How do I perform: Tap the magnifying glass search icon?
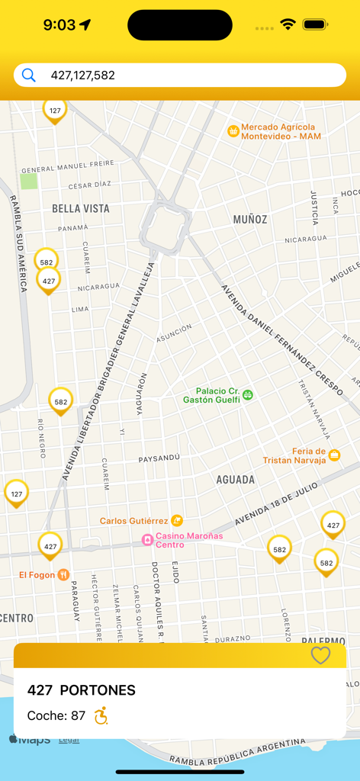pyautogui.click(x=28, y=75)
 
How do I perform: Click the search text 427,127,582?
pyautogui.click(x=82, y=75)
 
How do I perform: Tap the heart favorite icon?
pyautogui.click(x=321, y=655)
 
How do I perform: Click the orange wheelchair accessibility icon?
pyautogui.click(x=101, y=715)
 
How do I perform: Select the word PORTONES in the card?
pyautogui.click(x=98, y=690)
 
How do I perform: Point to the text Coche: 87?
pyautogui.click(x=56, y=715)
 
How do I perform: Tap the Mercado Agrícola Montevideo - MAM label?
pyautogui.click(x=280, y=131)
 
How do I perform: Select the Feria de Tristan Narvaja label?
pyautogui.click(x=294, y=455)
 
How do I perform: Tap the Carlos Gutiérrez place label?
pyautogui.click(x=134, y=521)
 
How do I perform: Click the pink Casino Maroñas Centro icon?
pyautogui.click(x=147, y=540)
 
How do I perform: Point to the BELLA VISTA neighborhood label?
pyautogui.click(x=80, y=208)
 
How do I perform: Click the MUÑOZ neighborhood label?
pyautogui.click(x=250, y=220)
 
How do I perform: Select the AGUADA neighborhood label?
pyautogui.click(x=236, y=480)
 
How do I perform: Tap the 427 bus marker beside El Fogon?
pyautogui.click(x=50, y=545)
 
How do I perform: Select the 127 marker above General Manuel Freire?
pyautogui.click(x=55, y=111)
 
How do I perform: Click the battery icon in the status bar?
pyautogui.click(x=315, y=24)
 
